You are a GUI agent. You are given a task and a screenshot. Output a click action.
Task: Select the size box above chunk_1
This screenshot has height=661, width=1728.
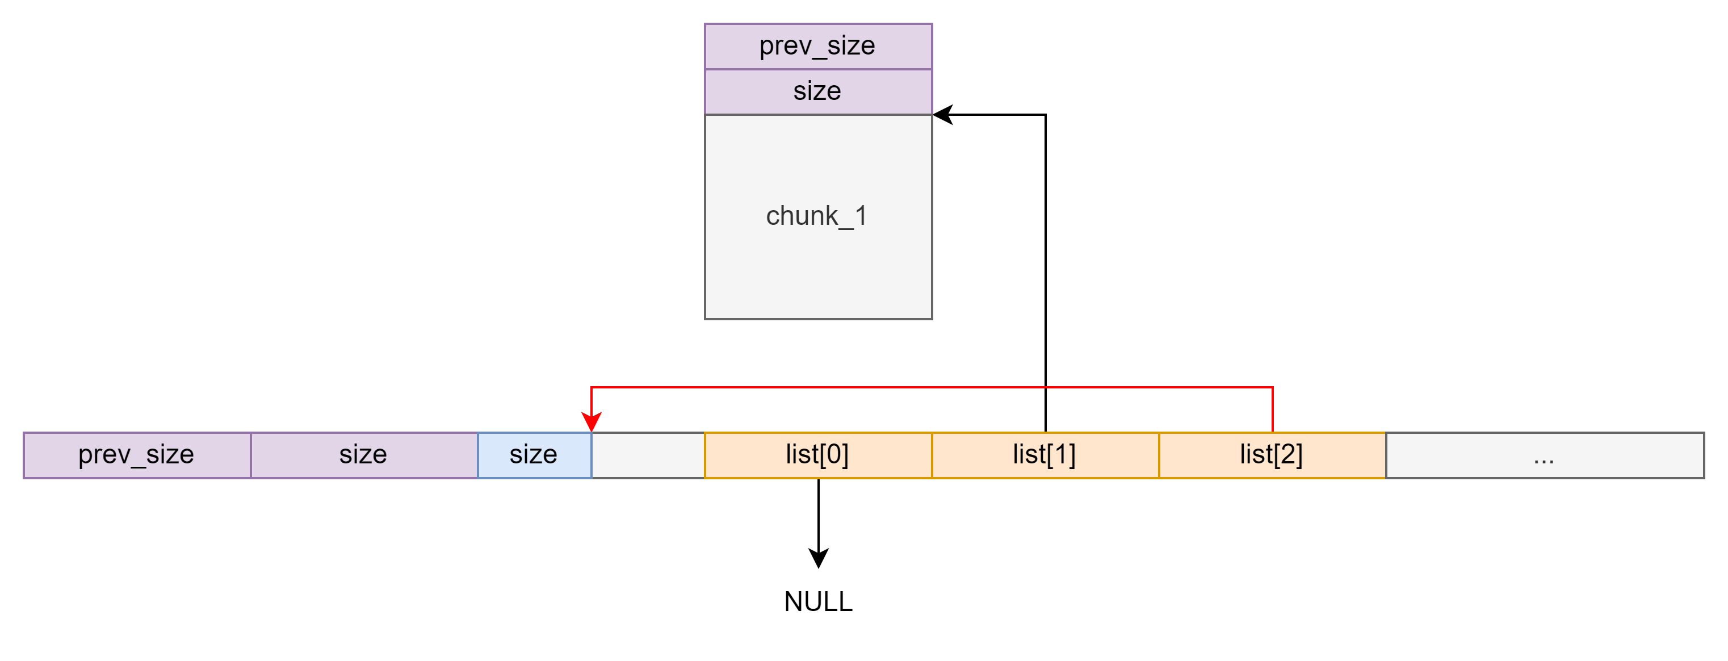(817, 91)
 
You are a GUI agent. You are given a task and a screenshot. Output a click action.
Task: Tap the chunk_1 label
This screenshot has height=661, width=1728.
(816, 216)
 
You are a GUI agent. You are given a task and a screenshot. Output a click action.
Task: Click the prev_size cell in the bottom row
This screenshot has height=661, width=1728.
(137, 455)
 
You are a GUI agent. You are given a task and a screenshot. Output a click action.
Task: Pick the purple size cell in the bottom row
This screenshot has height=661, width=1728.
(363, 455)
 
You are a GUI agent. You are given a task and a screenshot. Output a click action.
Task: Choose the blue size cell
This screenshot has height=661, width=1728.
(534, 455)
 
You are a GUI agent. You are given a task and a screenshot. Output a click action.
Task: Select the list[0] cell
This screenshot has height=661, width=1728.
(817, 455)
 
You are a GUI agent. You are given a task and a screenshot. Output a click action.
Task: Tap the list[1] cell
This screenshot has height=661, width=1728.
(1045, 455)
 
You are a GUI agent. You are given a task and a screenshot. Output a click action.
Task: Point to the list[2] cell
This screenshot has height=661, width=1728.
(1271, 455)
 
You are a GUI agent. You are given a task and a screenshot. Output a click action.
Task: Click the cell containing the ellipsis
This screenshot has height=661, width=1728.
(1544, 455)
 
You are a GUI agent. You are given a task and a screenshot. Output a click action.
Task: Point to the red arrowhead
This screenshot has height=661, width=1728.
(591, 421)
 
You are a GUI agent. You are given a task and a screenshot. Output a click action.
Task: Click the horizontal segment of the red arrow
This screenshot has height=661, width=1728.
(933, 387)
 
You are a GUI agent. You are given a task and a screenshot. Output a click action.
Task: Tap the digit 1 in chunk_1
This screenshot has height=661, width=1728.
(861, 216)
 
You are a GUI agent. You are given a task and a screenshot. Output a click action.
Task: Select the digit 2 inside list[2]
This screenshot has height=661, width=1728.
(1288, 455)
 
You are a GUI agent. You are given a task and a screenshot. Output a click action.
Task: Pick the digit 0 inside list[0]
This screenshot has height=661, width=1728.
(834, 455)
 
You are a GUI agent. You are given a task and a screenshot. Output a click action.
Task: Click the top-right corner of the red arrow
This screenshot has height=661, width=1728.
(1273, 387)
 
